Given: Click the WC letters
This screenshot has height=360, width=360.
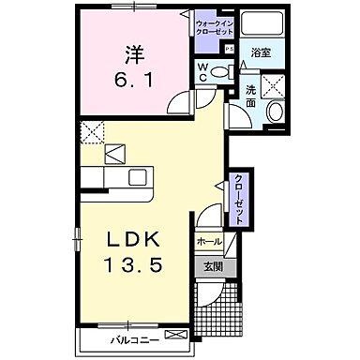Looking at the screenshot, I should click(x=202, y=71).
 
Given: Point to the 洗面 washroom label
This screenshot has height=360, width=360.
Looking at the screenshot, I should click(x=251, y=94).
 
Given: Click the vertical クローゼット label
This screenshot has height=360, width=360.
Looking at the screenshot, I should click(x=239, y=200).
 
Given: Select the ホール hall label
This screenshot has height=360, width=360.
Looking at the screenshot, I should click(x=209, y=242).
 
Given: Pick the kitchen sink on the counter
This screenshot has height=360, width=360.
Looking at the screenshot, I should click(x=136, y=177).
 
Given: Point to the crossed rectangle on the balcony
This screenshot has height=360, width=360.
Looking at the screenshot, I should click(x=174, y=334).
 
